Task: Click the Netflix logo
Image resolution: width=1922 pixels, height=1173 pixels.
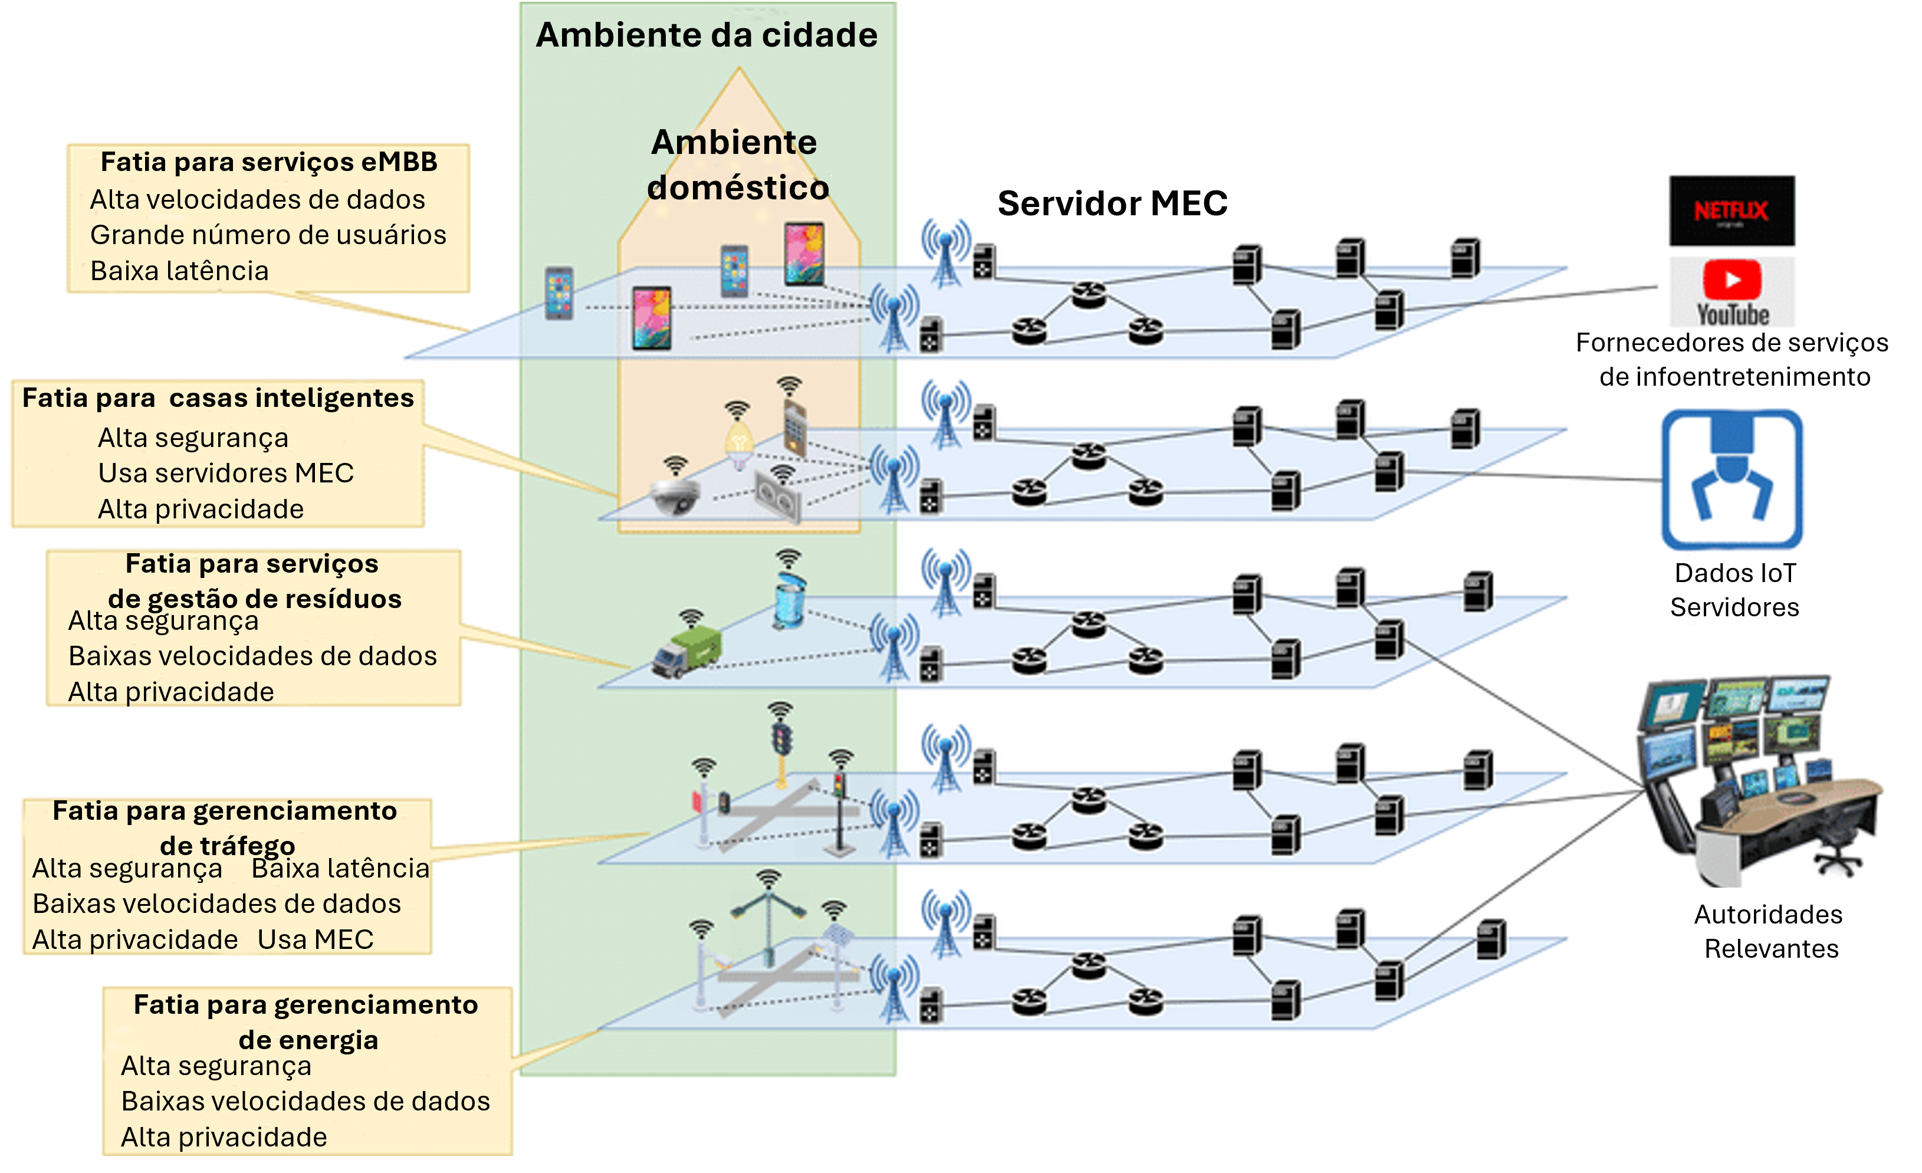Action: click(1731, 211)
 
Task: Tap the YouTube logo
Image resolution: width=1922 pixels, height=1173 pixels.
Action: click(1732, 292)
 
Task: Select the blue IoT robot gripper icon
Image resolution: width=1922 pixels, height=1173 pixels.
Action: click(1731, 479)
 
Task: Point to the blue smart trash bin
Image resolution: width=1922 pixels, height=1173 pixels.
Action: click(790, 600)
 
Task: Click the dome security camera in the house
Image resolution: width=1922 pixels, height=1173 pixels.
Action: click(675, 496)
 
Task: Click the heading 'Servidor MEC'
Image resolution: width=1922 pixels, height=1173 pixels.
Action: click(1112, 203)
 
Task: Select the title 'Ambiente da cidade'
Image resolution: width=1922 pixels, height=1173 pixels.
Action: click(707, 35)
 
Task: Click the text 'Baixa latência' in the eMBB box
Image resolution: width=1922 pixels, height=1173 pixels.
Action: click(179, 271)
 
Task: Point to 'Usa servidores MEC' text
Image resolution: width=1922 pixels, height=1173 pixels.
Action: click(225, 472)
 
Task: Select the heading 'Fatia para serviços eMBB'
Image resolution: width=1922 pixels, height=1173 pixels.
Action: click(269, 162)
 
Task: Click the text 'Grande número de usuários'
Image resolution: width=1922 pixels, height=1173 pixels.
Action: click(268, 235)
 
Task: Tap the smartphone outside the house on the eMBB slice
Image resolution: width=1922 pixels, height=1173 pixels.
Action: click(558, 293)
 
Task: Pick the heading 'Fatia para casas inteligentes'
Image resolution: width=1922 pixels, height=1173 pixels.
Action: click(218, 397)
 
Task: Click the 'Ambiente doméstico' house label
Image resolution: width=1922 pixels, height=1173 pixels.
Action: click(737, 165)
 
